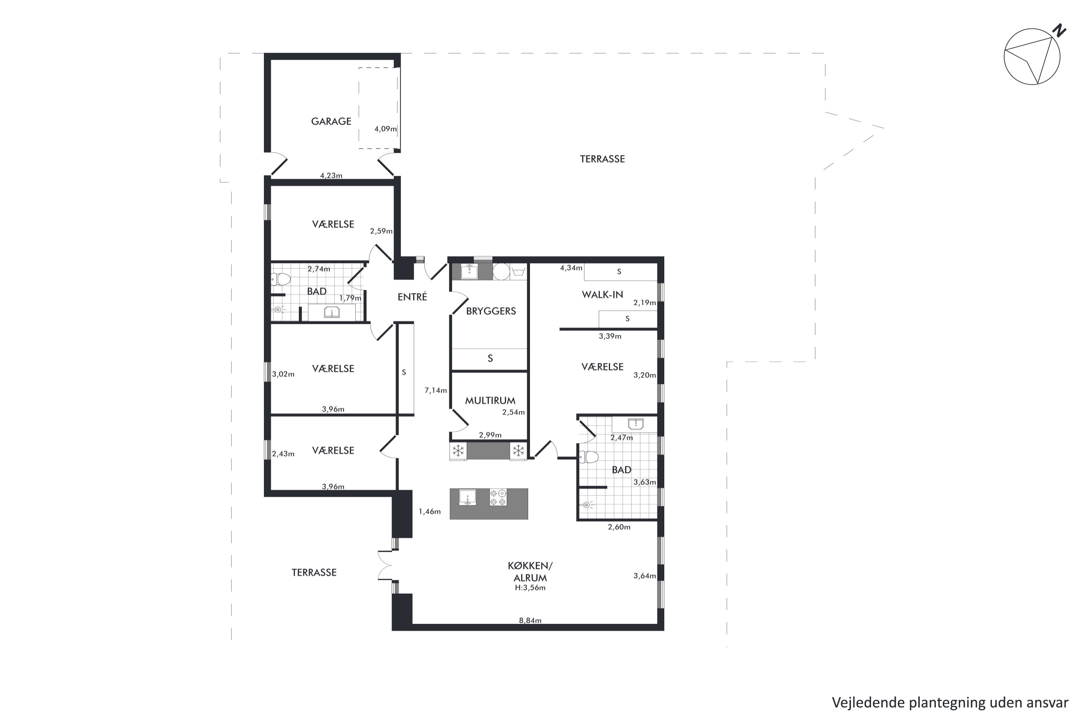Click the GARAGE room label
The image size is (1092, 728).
[331, 121]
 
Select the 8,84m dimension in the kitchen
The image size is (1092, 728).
[530, 620]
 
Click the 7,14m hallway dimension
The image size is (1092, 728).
[435, 391]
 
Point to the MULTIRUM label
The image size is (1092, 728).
[490, 400]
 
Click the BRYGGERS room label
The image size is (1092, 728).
[491, 311]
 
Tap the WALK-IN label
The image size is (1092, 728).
[602, 294]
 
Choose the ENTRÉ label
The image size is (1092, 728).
[412, 297]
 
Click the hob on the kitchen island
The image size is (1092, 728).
[498, 497]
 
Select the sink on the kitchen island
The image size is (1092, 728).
[467, 497]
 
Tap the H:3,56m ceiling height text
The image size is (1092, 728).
[530, 588]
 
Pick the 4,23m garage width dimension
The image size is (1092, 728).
[331, 175]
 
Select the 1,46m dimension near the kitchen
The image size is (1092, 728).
[430, 512]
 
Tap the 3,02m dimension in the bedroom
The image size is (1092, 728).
[283, 374]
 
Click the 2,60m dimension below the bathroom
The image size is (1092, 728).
[620, 527]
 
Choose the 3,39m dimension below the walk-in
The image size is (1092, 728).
[610, 336]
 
